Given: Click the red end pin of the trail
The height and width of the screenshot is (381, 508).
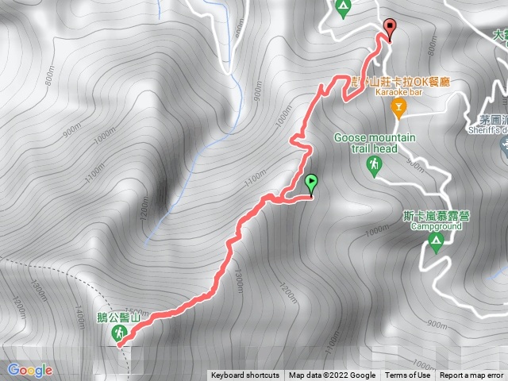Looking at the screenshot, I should tap(389, 28).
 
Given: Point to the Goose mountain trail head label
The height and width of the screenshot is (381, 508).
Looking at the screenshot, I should tap(375, 143).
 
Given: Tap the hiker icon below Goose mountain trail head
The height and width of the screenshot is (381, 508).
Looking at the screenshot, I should tap(373, 165).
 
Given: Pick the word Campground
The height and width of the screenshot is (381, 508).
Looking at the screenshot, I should tap(436, 226).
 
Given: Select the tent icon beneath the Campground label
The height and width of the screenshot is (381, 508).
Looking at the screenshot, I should tap(435, 240).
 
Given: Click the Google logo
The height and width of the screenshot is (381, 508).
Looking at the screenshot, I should tap(29, 370).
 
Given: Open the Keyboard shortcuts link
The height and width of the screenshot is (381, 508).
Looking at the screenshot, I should tap(244, 375).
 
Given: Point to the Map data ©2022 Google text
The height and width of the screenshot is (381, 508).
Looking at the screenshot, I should tap(332, 375).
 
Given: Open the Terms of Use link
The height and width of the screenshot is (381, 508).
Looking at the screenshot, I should tap(407, 375).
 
